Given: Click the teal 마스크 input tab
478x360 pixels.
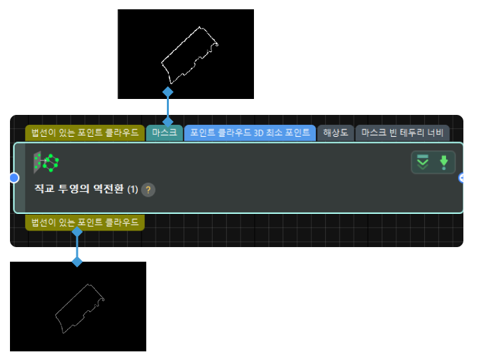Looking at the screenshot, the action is point(164,133).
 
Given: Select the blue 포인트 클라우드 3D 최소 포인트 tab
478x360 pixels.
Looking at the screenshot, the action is point(250,133).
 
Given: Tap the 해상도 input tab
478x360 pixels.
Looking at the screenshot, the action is point(335,133).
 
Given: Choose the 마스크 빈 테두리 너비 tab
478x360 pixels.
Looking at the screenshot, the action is point(402,133).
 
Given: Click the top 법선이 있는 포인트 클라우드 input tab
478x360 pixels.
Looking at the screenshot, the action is point(85,133).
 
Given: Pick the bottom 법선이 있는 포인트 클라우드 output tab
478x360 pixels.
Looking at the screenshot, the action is point(85,223).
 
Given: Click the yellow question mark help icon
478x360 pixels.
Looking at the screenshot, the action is point(148,190).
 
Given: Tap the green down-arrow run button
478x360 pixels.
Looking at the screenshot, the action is point(444,162).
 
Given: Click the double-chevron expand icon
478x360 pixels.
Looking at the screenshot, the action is point(423,162).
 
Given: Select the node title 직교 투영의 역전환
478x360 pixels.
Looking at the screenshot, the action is point(79,189).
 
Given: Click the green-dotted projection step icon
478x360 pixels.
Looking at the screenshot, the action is point(46,162).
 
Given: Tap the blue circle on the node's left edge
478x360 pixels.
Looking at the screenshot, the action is point(14,178).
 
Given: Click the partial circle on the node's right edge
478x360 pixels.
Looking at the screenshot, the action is point(461,178).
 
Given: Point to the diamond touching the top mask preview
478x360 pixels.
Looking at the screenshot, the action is point(168,92).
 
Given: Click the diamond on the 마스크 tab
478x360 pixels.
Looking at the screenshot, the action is point(168,122).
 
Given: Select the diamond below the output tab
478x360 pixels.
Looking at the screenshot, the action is point(77,232).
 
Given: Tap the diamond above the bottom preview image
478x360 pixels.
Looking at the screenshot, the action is point(77,262).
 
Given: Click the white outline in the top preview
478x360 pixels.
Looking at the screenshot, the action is point(189,55).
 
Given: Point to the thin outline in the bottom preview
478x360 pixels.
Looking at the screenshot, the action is point(80,309).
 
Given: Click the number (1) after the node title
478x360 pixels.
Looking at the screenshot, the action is point(132,190).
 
